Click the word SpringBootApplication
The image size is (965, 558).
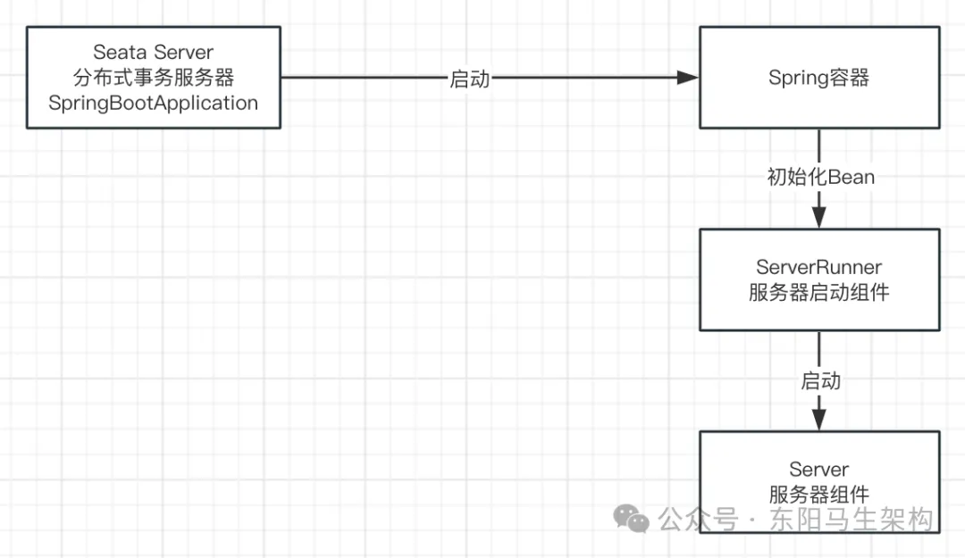pyautogui.click(x=153, y=103)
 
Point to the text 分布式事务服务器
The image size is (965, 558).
pyautogui.click(x=153, y=79)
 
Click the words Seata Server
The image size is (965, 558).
pyautogui.click(x=153, y=54)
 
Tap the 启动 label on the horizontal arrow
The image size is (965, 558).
pyautogui.click(x=470, y=79)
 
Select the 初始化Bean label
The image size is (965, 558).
pyautogui.click(x=820, y=177)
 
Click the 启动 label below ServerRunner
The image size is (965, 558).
pyautogui.click(x=820, y=381)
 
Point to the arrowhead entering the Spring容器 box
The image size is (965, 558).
pyautogui.click(x=687, y=78)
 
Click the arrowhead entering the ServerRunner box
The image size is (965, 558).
pyautogui.click(x=818, y=218)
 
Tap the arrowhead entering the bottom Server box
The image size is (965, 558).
pyautogui.click(x=818, y=421)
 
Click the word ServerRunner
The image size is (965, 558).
pyautogui.click(x=818, y=267)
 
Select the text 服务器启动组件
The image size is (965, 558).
pyautogui.click(x=818, y=292)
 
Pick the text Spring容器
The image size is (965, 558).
pyautogui.click(x=818, y=78)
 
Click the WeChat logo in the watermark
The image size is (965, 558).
pyautogui.click(x=632, y=519)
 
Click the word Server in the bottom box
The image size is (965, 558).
pyautogui.click(x=818, y=470)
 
